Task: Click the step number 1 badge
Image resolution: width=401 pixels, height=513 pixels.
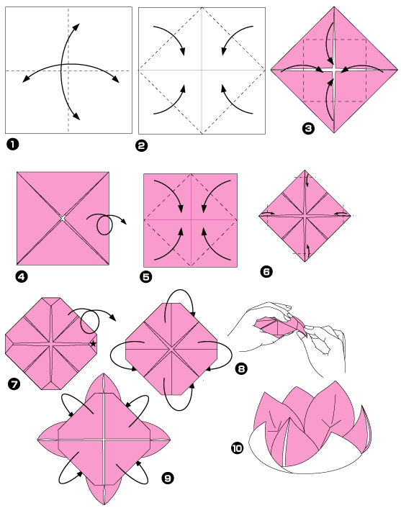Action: click(12, 145)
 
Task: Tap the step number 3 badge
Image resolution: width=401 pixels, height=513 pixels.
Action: click(309, 129)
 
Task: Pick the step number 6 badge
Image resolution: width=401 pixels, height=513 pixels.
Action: click(266, 271)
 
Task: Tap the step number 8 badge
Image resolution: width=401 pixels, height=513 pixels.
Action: click(241, 369)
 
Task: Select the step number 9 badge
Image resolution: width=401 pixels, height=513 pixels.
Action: click(167, 477)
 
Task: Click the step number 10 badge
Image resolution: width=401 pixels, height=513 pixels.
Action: click(237, 448)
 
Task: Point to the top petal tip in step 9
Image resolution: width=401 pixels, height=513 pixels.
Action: click(104, 375)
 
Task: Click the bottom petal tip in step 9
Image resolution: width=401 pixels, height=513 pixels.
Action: click(104, 504)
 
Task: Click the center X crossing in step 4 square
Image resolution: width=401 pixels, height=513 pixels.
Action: click(63, 217)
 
